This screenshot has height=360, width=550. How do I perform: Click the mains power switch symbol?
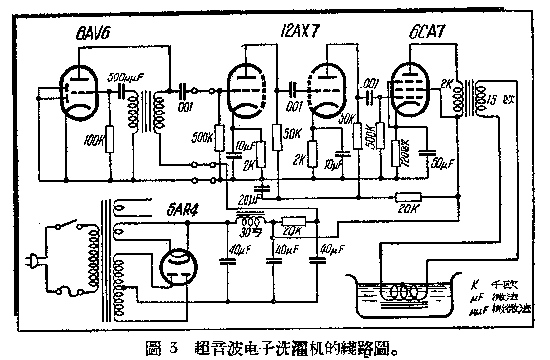click(x=68, y=226)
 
